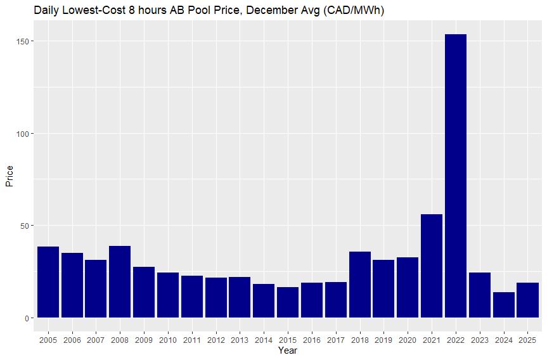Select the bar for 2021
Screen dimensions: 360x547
coord(432,266)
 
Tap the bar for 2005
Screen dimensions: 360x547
coord(48,282)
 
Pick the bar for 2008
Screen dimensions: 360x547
coord(120,281)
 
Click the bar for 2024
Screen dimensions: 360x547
coord(503,305)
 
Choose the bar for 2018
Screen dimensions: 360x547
coord(359,285)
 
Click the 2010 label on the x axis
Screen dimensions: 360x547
coord(168,340)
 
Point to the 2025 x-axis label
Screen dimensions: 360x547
coord(527,340)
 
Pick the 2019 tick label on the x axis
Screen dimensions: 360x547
coord(383,340)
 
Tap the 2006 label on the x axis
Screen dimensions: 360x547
coord(72,340)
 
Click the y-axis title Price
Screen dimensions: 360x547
coord(9,176)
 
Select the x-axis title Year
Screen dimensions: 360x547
coord(287,350)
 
